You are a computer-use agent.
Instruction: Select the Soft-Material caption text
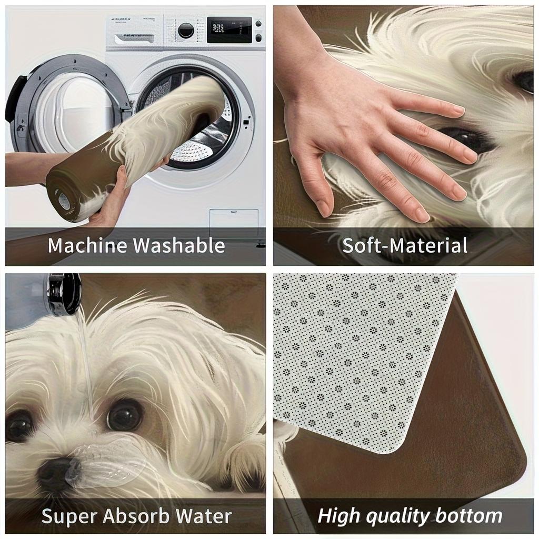point(405,246)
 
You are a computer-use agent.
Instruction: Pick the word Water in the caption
point(206,516)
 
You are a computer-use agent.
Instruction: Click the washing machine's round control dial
point(186,31)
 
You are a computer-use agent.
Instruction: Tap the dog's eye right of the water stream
point(125,414)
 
